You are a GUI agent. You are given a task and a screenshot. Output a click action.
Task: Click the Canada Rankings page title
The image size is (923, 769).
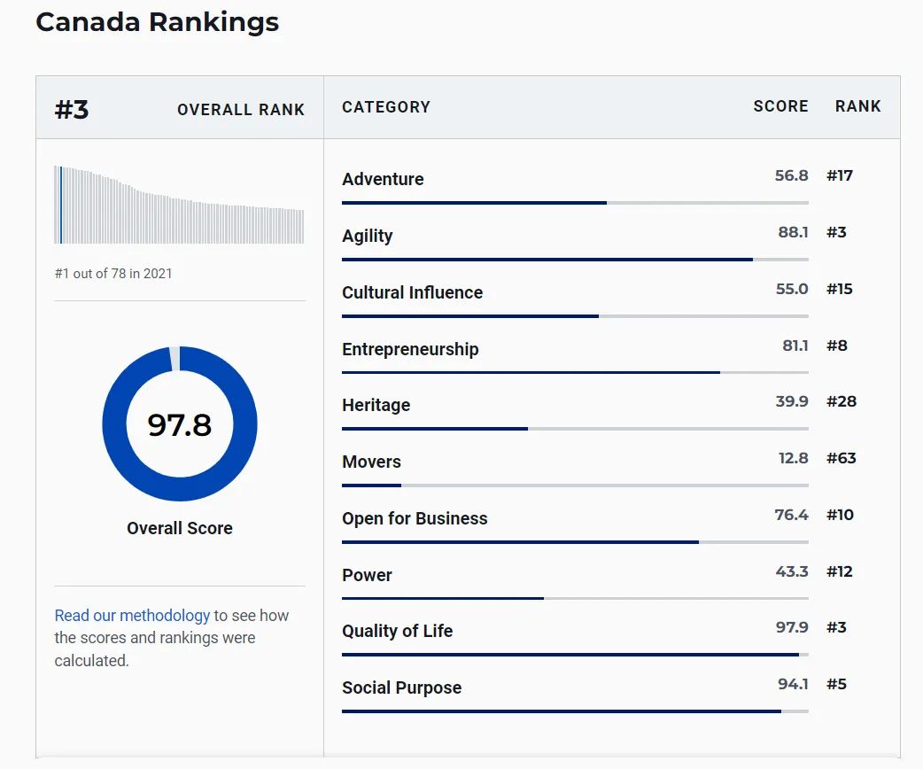[157, 22]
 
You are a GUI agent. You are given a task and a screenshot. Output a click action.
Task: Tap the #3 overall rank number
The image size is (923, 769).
[72, 110]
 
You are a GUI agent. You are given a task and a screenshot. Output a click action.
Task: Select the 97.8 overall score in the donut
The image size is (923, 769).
[180, 425]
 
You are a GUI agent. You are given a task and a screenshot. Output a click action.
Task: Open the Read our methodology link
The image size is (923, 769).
[132, 616]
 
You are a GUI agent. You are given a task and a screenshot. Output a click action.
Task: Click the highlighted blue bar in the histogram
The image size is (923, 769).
[60, 205]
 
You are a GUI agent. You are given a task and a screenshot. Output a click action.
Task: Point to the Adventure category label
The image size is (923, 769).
[383, 179]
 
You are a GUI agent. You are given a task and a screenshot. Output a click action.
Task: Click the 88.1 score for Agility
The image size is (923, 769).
[793, 232]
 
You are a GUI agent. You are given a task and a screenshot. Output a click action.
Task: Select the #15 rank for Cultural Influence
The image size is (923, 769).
[839, 289]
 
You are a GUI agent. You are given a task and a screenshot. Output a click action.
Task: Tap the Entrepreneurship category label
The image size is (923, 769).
[410, 349]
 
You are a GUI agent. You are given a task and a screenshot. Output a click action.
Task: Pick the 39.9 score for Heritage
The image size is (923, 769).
[791, 401]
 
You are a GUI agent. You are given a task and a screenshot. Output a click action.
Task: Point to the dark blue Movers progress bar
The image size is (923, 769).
[371, 485]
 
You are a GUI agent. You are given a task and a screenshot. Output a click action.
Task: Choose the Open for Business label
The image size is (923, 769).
[415, 518]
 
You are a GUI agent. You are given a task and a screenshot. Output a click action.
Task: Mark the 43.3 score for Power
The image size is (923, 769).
[791, 571]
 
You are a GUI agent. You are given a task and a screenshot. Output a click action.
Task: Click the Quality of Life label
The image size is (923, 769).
[397, 631]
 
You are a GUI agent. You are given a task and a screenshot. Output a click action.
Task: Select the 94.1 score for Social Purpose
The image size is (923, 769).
[793, 684]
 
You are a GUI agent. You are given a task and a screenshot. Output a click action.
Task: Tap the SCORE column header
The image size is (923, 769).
[780, 106]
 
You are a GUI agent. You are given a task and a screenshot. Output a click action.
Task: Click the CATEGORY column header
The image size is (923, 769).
[386, 107]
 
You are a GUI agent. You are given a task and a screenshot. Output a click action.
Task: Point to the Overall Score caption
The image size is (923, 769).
[180, 528]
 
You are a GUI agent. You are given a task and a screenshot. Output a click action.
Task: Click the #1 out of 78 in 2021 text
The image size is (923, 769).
[113, 274]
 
